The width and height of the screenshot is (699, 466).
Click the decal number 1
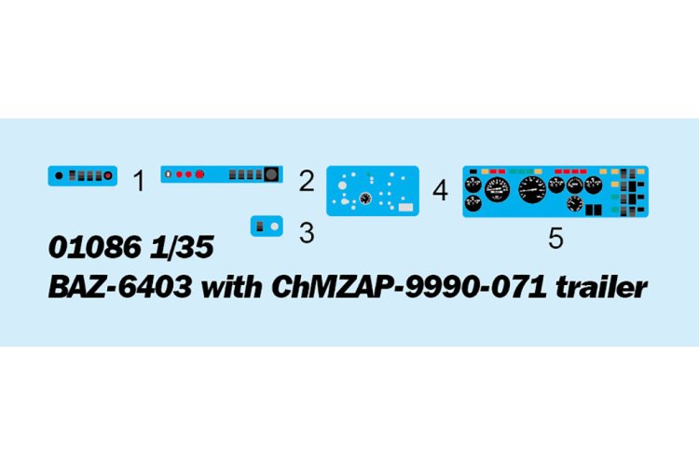139,181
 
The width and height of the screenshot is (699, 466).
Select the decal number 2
307,181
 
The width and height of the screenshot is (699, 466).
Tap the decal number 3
307,233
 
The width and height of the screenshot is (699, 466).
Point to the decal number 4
440,190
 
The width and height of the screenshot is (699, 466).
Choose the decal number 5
555,239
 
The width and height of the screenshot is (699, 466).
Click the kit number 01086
95,247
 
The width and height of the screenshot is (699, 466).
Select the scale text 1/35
182,247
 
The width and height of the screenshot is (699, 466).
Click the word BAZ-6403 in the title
120,287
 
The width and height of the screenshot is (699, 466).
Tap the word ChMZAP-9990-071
409,287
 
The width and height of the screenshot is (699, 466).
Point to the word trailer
601,287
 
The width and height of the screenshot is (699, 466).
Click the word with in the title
231,287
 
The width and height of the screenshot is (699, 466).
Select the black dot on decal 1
59,176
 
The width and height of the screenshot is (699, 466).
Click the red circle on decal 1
108,176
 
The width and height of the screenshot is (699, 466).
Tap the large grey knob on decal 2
271,174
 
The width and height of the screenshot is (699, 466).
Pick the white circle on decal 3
275,226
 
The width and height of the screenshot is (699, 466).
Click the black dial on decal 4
365,199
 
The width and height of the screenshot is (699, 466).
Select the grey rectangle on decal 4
405,207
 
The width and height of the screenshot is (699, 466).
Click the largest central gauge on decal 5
532,189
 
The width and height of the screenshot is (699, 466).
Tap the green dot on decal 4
368,174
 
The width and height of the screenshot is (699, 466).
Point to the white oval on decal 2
168,174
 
